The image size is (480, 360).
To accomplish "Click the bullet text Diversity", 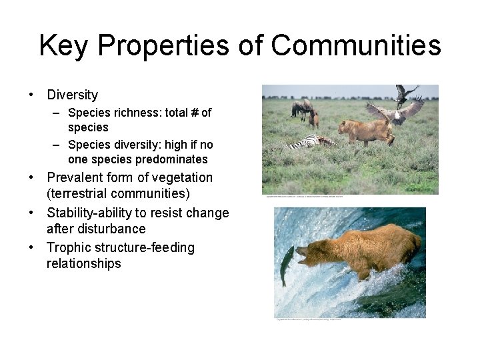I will coord(72,95).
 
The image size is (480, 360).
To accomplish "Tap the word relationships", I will coord(84,264).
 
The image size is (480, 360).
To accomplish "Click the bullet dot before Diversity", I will coord(31,95).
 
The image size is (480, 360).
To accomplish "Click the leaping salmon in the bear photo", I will coord(286,263).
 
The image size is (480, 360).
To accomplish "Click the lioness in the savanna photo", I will coord(363,131).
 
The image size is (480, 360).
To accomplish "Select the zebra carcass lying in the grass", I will coord(311,142).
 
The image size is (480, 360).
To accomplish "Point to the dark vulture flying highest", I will coord(404,94).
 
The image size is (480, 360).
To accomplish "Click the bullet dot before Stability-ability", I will coord(31,213).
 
